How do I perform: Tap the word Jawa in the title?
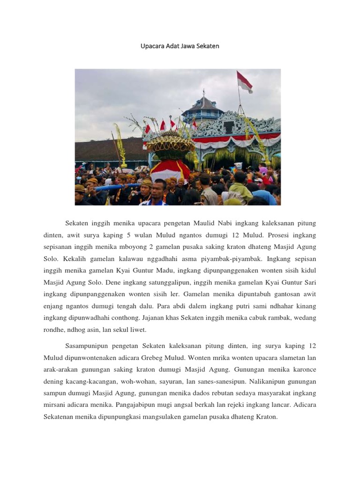coord(188,46)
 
